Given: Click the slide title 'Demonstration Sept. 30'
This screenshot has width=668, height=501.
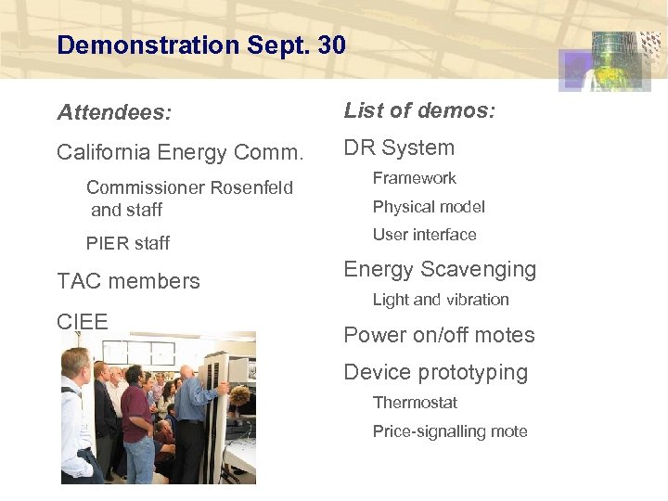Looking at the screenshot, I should [x=200, y=45].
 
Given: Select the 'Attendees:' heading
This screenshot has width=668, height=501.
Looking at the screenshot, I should [x=114, y=113].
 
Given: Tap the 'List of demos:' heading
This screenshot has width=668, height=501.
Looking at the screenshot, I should [x=419, y=111].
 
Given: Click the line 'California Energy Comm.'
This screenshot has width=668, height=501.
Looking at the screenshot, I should [x=180, y=151].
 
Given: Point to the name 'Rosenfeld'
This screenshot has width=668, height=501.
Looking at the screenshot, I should [x=251, y=187].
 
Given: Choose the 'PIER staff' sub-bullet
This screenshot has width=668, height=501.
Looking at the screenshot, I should [x=128, y=243].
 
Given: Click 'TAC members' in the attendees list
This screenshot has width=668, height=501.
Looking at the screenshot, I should [x=128, y=281].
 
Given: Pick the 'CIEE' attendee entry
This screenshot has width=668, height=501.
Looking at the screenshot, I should [x=83, y=322].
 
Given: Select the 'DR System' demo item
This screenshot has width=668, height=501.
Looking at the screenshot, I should [x=399, y=148].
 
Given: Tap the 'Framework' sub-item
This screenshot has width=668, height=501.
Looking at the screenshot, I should [x=414, y=178].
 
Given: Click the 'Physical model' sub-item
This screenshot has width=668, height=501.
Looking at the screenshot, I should [x=429, y=207].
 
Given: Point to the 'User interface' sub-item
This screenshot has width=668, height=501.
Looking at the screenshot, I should [x=424, y=235].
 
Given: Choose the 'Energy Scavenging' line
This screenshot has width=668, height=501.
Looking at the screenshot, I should [x=440, y=270].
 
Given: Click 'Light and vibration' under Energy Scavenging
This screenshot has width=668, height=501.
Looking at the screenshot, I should [x=441, y=300].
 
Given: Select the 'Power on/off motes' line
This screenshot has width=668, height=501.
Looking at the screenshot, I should [x=439, y=335].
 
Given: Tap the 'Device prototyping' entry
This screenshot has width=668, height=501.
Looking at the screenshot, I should [x=435, y=373].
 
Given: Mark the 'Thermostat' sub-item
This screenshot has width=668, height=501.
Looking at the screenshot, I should [x=415, y=403].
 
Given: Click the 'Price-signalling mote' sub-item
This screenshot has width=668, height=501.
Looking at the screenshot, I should [x=450, y=431].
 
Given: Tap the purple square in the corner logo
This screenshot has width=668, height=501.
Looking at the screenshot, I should [x=575, y=70].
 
